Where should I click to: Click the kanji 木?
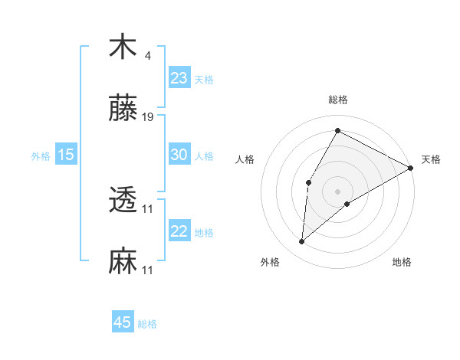123,47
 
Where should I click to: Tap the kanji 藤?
123,110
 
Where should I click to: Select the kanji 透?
123,201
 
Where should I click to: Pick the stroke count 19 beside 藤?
148,117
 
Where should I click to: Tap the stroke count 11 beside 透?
148,208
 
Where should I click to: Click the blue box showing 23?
179,77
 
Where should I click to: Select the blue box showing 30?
179,154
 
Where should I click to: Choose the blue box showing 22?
179,231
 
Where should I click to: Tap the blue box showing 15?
65,155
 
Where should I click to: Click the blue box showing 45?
122,322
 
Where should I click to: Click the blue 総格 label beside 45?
147,324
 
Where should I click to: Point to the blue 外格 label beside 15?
41,156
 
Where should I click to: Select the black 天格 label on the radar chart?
431,159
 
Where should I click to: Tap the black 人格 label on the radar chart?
245,159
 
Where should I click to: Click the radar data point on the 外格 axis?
302,242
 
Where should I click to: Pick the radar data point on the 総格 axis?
337,130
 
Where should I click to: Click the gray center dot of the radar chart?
337,191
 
